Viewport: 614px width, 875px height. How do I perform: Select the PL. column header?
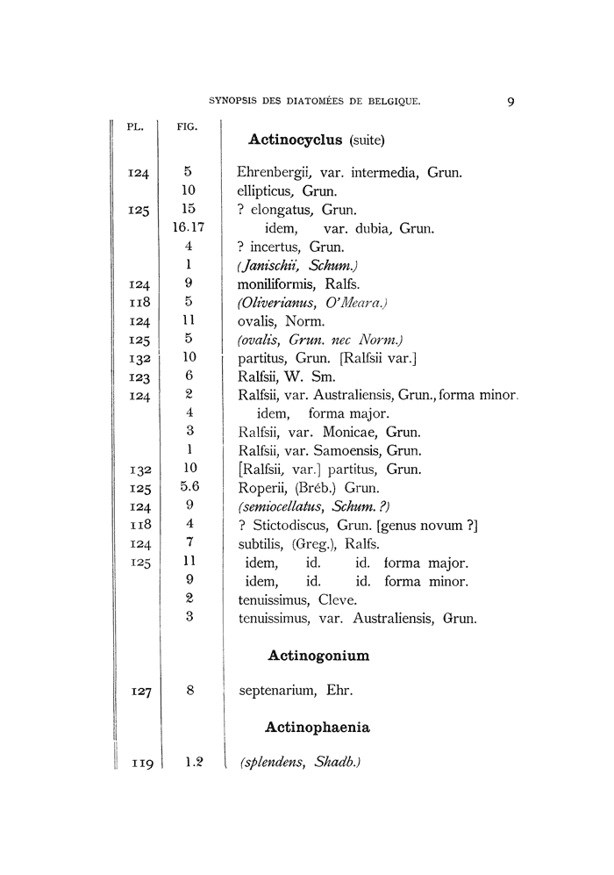135,126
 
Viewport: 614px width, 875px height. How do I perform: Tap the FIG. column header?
187,126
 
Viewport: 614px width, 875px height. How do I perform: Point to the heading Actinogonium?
317,655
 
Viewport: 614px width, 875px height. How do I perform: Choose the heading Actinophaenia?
317,727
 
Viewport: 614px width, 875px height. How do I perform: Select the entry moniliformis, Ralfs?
294,284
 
